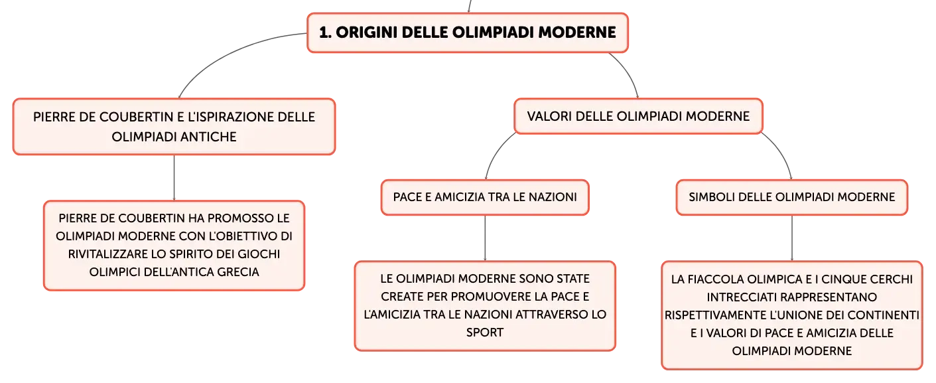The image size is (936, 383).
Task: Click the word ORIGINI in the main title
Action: click(366, 33)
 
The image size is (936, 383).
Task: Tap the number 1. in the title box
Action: click(325, 33)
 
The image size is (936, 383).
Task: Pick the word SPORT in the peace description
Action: click(485, 333)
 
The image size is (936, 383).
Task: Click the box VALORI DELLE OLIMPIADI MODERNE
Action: click(638, 116)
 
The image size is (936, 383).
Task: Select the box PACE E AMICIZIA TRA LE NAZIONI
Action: click(485, 197)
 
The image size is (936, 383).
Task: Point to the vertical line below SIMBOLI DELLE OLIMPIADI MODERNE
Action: click(792, 238)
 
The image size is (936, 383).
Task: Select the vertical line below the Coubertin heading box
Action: click(174, 178)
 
